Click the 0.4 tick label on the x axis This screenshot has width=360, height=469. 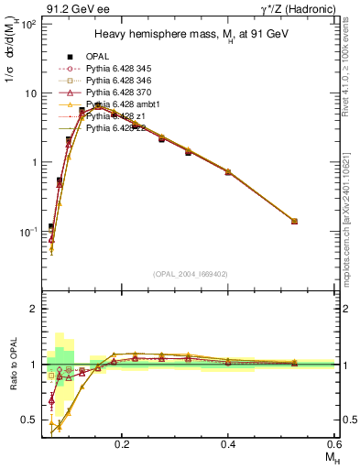click(x=228, y=442)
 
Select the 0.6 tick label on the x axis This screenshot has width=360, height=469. click(x=334, y=442)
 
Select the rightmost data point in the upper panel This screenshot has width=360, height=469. click(x=293, y=221)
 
